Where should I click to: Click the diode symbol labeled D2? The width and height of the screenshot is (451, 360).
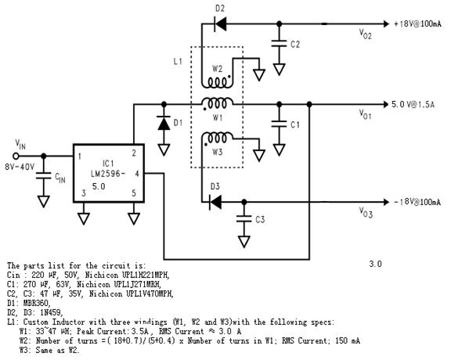220,23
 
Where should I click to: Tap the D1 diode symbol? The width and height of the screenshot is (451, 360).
164,124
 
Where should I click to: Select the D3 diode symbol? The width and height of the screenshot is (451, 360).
215,202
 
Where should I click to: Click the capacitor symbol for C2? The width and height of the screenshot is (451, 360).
279,44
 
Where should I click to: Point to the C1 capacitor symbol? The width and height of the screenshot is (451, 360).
279,124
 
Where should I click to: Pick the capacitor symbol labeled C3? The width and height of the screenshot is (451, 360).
244,219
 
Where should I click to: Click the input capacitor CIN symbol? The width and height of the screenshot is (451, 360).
44,175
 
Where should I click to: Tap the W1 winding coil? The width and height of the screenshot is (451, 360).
217,102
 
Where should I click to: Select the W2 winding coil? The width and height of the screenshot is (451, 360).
217,84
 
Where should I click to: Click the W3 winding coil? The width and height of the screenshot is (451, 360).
217,137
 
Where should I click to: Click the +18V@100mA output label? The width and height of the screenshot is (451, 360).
417,23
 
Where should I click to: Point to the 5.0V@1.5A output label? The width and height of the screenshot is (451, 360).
413,104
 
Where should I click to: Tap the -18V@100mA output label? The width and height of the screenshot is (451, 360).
417,202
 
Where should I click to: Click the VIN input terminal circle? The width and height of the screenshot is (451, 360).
16,157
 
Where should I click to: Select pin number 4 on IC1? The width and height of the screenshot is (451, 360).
137,174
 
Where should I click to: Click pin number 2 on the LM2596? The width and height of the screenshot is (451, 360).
134,153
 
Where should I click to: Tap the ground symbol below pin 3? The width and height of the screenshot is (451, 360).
84,218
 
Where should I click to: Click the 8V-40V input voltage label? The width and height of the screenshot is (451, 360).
20,167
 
